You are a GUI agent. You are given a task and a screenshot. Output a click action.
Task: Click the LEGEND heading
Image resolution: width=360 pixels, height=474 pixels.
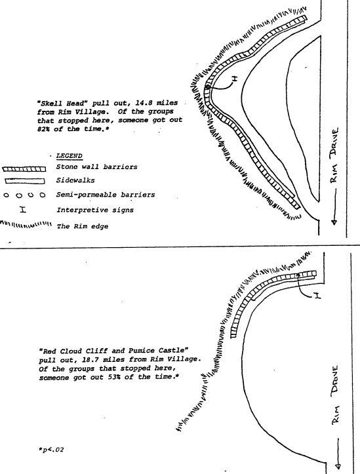click(70, 156)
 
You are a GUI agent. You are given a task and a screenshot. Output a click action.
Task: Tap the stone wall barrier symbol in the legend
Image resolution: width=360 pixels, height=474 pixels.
click(24, 169)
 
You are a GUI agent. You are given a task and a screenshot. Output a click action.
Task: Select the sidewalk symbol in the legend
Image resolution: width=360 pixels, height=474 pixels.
click(25, 181)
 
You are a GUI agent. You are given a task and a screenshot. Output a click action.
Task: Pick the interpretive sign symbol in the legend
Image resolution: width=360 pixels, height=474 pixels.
click(23, 209)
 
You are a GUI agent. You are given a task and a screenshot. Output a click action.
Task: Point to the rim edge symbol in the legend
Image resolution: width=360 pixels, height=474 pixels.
click(26, 224)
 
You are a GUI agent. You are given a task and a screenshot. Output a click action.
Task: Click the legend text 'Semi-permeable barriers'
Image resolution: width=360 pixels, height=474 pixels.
click(106, 195)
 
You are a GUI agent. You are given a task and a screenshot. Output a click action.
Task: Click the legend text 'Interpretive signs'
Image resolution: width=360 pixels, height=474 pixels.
click(95, 210)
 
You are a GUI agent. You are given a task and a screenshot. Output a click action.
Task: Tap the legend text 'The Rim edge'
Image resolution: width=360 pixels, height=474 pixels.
click(83, 226)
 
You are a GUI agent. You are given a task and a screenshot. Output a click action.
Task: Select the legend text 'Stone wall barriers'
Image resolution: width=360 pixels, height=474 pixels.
click(97, 167)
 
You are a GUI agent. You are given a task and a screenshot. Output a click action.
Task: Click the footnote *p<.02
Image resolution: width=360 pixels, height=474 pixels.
click(51, 450)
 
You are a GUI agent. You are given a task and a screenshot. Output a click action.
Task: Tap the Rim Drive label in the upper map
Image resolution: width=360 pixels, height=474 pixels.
click(334, 155)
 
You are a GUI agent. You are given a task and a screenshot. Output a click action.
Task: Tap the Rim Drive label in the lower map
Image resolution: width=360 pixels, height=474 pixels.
click(334, 395)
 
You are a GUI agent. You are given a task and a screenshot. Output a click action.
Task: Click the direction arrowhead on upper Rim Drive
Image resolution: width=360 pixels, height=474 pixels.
click(334, 222)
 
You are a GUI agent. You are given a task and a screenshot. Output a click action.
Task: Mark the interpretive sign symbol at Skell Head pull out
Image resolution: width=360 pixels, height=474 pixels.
click(235, 79)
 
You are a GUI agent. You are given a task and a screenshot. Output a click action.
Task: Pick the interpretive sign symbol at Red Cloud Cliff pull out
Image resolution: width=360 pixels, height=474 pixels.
click(317, 295)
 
